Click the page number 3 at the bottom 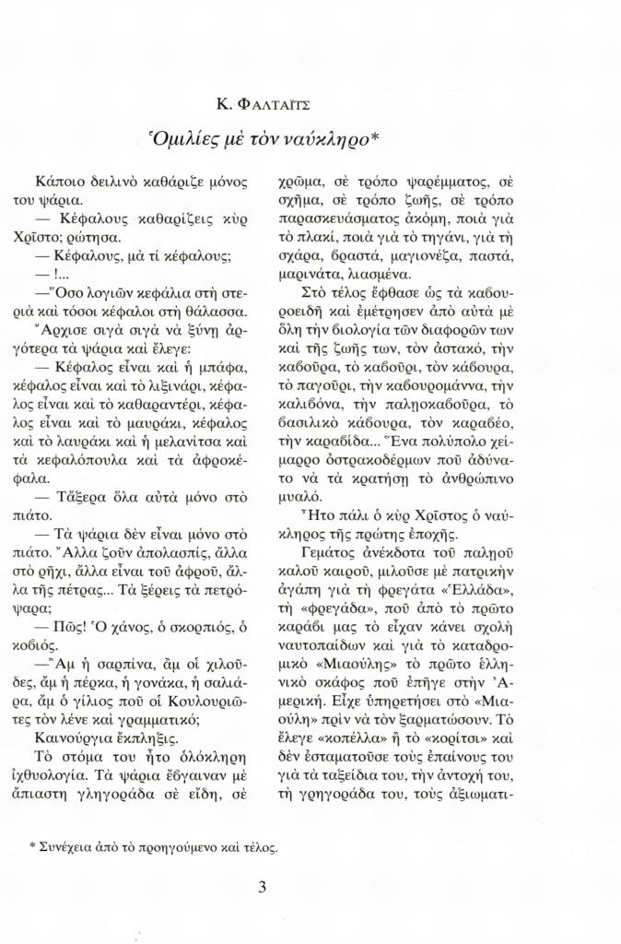[x=263, y=888]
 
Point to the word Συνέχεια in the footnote [x=66, y=845]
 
